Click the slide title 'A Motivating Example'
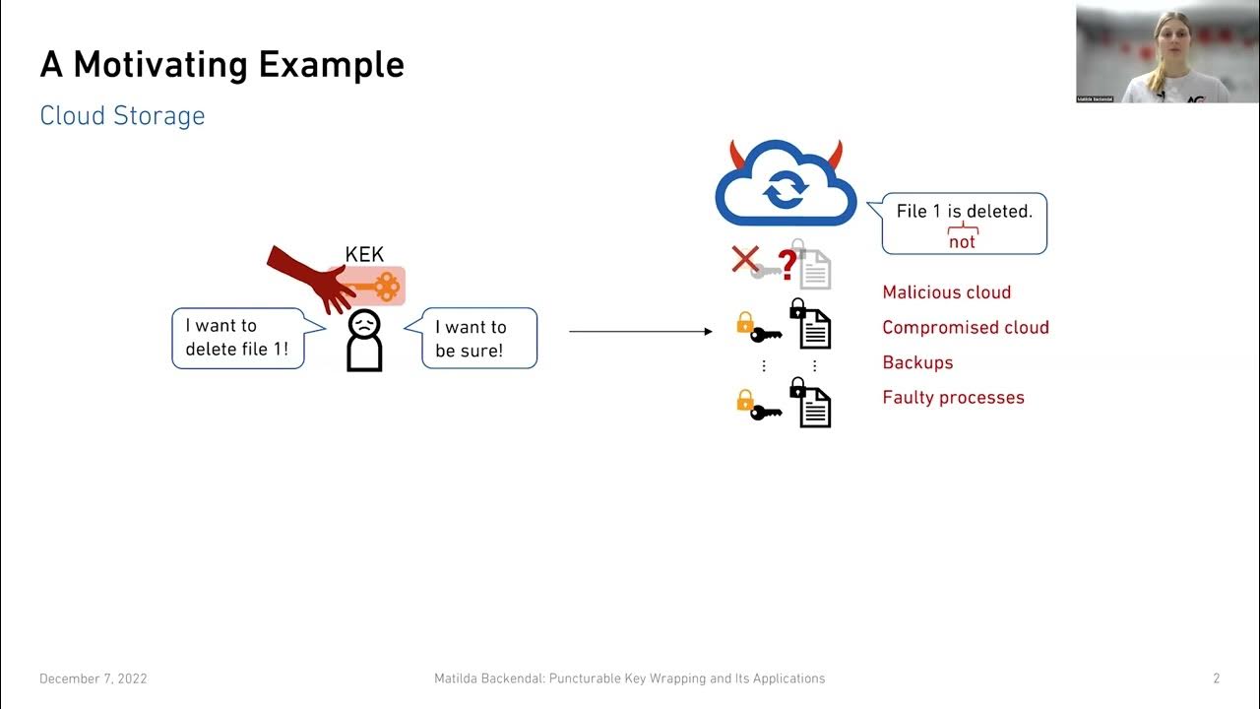tap(221, 65)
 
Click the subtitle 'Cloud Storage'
tap(122, 115)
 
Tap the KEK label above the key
tap(364, 255)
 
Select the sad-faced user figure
tap(364, 341)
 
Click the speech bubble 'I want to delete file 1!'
tap(237, 338)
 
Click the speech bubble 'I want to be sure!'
tap(479, 338)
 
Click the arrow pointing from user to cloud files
tap(640, 332)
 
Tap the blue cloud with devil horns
tap(785, 183)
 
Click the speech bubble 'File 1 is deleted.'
tap(964, 223)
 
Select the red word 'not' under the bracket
tap(962, 242)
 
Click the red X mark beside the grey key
tap(745, 259)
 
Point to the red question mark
tap(787, 264)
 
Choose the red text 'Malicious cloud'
tap(946, 292)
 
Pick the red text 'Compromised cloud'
tap(965, 328)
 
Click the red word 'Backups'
tap(917, 362)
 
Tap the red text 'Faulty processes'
tap(953, 398)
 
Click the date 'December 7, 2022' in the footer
tap(94, 678)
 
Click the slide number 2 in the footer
tap(1216, 678)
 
